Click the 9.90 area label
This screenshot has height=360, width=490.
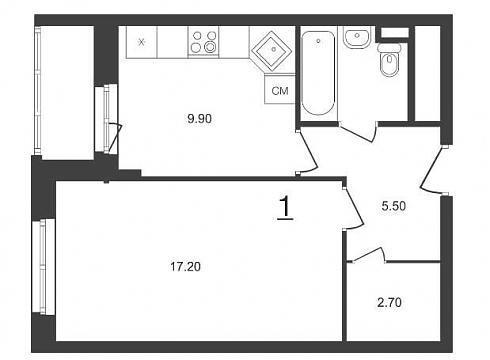199,118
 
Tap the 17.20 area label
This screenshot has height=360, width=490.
185,267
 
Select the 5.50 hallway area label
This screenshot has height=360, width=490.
394,206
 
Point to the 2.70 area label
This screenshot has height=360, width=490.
389,303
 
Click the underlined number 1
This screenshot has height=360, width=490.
285,208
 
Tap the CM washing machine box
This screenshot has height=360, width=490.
280,90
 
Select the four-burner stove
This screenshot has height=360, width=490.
203,42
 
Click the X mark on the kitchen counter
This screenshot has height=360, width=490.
142,42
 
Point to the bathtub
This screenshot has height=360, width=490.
318,73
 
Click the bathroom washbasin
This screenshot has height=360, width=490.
357,38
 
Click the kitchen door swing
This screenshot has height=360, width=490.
308,151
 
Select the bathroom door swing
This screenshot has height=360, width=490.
358,132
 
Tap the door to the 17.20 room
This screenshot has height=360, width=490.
353,208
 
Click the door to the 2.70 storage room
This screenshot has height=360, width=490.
368,255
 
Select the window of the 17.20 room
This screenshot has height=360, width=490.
44,267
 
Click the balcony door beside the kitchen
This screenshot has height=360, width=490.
107,119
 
